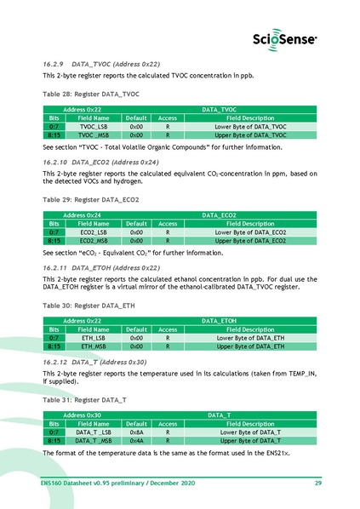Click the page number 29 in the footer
pos(317,483)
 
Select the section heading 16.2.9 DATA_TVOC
pos(101,64)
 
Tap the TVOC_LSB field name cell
pos(94,126)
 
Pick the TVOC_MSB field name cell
pos(94,134)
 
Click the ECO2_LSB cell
pos(94,232)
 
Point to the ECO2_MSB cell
pos(94,240)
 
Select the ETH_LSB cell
pos(94,337)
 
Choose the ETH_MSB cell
pos(94,346)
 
